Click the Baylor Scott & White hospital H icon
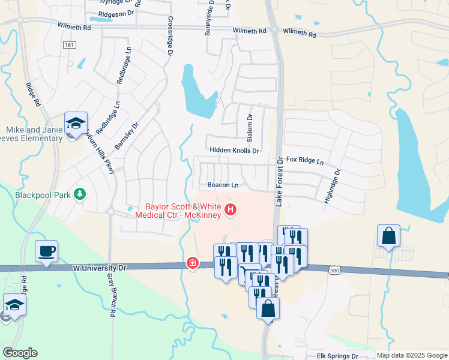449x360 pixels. (231, 209)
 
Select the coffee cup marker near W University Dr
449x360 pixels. (47, 251)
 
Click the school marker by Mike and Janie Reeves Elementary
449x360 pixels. (76, 123)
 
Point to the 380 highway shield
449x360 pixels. (335, 271)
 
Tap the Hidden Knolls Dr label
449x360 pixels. (234, 151)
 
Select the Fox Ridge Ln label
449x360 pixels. (304, 161)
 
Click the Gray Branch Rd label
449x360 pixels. (112, 293)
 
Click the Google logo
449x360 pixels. (20, 353)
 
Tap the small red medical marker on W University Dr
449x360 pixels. (192, 263)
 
